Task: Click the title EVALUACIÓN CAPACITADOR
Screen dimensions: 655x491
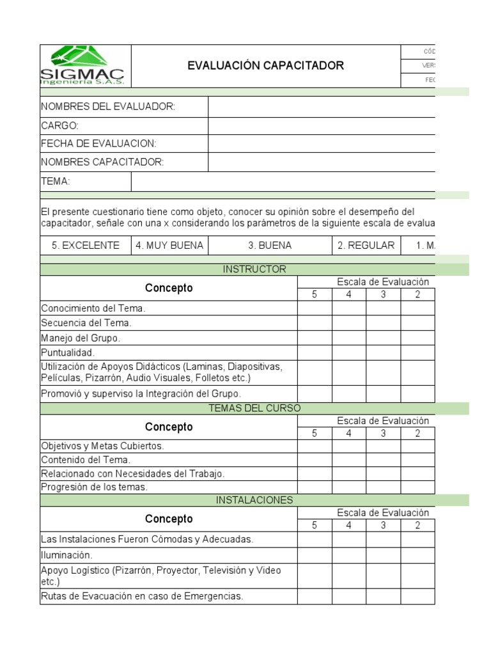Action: [265, 65]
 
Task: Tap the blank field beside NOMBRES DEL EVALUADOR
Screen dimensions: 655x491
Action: [322, 106]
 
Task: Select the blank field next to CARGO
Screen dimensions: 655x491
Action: [322, 125]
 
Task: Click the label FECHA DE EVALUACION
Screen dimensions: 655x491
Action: [98, 144]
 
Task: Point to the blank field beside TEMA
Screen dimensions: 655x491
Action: [283, 182]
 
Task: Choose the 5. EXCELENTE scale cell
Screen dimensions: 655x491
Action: [86, 245]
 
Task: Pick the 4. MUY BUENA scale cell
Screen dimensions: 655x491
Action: [169, 245]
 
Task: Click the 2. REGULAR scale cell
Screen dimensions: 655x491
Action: [366, 245]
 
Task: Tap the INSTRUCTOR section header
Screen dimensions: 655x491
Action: [254, 269]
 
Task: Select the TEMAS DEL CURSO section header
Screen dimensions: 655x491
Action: [254, 408]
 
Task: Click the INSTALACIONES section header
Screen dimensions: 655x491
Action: [254, 500]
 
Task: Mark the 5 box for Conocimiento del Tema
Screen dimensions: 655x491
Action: [314, 308]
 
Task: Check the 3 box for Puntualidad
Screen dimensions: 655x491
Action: [383, 352]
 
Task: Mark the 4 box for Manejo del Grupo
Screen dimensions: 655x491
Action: [348, 338]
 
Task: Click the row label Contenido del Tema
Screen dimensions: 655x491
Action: [86, 459]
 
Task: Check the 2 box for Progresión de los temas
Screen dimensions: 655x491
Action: [417, 487]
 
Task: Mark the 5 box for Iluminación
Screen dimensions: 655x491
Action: [314, 555]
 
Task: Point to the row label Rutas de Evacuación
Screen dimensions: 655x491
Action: [142, 596]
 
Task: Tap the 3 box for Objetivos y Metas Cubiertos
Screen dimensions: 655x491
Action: [383, 446]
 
